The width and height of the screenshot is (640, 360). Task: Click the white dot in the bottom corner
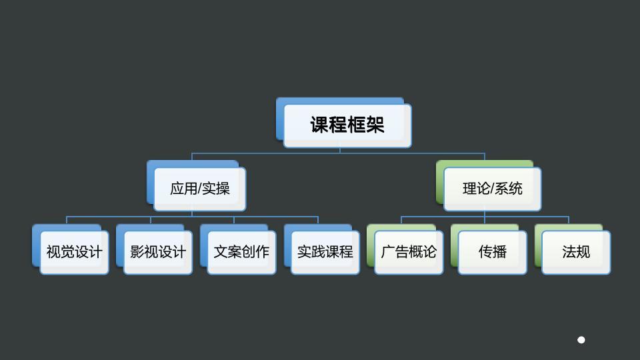point(581,340)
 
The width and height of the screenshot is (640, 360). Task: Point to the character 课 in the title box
point(319,125)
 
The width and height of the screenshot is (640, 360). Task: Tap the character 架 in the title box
point(375,125)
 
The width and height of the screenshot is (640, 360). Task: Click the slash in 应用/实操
point(199,189)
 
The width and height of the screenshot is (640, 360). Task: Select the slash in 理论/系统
point(492,189)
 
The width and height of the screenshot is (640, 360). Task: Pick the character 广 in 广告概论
point(388,252)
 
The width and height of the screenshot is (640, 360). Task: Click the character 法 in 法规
point(569,252)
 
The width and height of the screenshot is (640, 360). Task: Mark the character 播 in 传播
point(499,252)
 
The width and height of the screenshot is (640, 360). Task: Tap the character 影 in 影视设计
point(137,252)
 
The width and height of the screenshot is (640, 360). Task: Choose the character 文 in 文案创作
point(221,252)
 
